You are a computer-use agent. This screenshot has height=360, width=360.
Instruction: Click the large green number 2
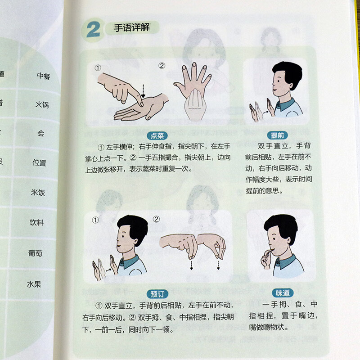coord(93,31)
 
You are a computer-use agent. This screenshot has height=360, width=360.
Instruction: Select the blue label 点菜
coord(157,135)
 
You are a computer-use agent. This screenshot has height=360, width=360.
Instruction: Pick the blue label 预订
coord(157,294)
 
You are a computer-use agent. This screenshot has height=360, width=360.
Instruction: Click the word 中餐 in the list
coord(44,76)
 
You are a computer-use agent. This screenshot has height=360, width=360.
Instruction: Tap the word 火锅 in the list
coord(42,105)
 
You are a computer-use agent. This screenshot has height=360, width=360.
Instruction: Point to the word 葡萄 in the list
coord(36,253)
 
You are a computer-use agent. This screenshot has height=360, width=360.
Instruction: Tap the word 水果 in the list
coord(34,284)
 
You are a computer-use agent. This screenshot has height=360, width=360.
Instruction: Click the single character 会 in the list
coord(41,134)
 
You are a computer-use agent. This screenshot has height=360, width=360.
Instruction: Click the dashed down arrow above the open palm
coord(143,91)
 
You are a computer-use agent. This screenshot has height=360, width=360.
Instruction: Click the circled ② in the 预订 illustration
coord(156,219)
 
